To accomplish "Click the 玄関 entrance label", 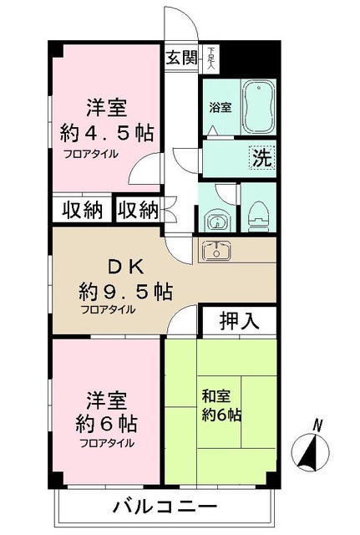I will (x=180, y=58).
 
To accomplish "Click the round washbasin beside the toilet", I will (x=216, y=222).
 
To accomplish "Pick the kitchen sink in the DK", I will (x=216, y=249).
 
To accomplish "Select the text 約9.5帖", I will (x=126, y=292).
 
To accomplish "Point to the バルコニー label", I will (x=165, y=507).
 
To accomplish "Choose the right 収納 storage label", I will (x=138, y=209).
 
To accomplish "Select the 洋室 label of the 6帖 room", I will (x=99, y=398).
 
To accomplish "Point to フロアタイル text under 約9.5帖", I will (x=108, y=309).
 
